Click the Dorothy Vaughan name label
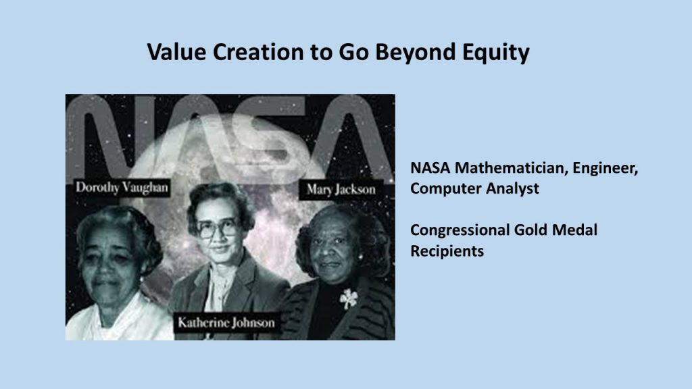122,188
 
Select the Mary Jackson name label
341,190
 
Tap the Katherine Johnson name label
226,323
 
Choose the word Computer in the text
446,189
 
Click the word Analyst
512,189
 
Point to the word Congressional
460,230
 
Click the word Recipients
447,251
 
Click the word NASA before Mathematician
430,168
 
